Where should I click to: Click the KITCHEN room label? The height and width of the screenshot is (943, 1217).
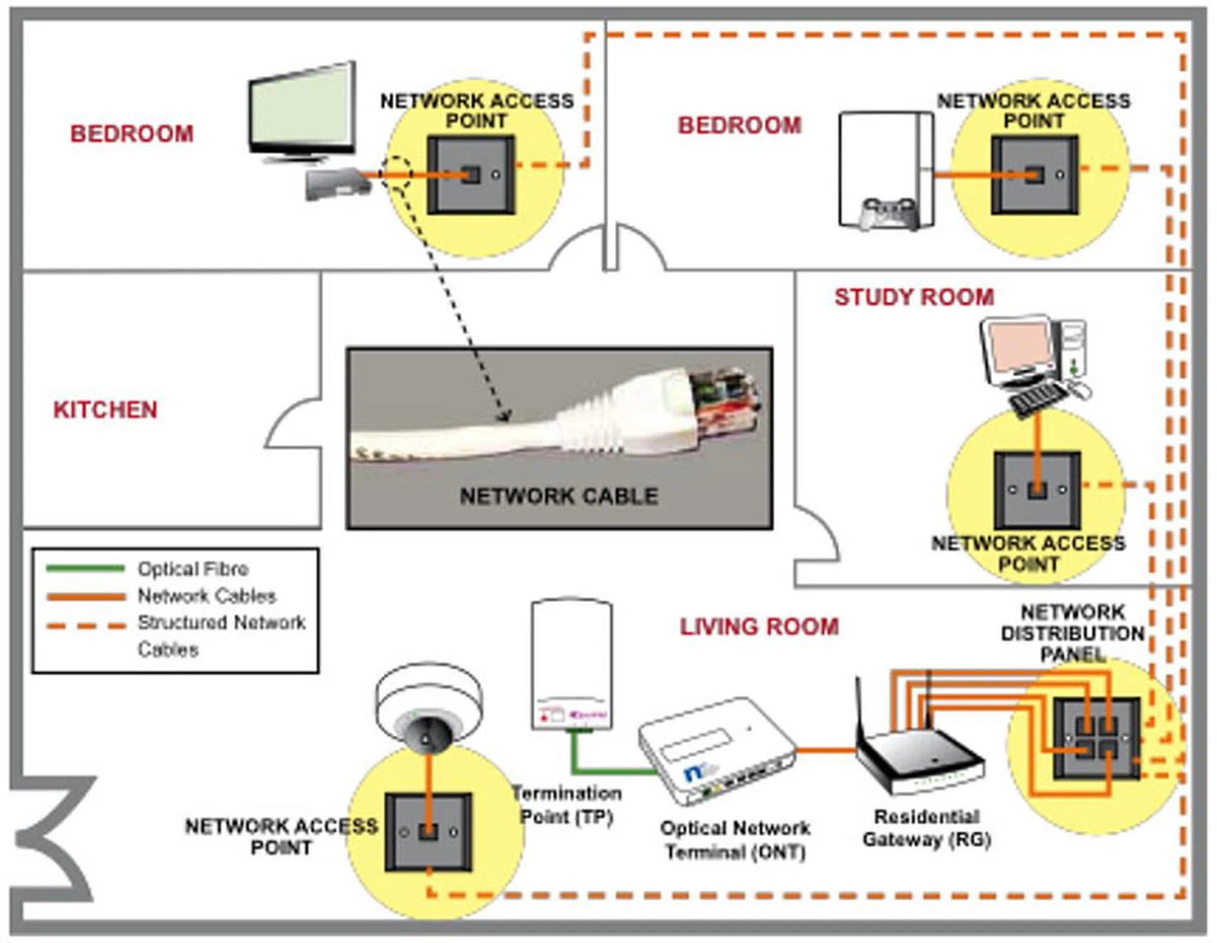tap(105, 409)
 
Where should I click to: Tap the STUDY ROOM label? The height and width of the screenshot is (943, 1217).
tap(914, 297)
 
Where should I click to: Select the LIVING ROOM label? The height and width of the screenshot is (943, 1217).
tap(759, 627)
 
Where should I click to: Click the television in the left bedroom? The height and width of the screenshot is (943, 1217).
tap(303, 111)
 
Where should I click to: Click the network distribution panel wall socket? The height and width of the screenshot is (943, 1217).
tap(1097, 738)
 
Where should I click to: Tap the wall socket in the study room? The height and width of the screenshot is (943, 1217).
tap(1037, 490)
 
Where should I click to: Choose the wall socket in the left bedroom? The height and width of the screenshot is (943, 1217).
tap(471, 174)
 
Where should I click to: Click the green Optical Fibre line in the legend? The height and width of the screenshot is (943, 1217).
tap(86, 568)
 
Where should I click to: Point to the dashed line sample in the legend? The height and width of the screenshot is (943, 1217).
tap(86, 626)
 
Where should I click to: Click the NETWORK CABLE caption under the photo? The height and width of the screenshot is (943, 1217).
tap(558, 496)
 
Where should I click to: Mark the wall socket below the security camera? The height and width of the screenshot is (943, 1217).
tap(429, 832)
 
